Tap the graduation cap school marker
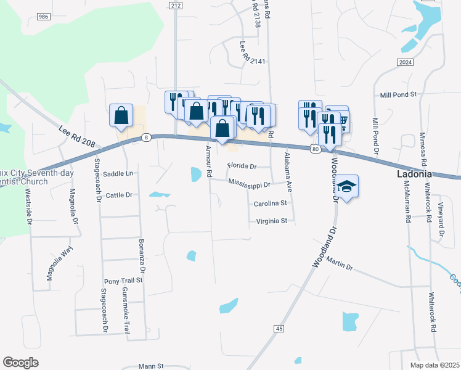point(347,187)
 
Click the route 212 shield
point(176,5)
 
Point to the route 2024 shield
point(405,62)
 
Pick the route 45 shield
point(279,329)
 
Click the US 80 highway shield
point(316,149)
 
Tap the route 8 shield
point(145,138)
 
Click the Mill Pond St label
point(399,95)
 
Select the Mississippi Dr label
point(249,184)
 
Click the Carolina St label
point(271,203)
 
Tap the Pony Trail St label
point(123,280)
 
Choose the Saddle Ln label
point(118,174)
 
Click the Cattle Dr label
point(120,195)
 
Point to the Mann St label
point(151,366)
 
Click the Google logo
point(20,363)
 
